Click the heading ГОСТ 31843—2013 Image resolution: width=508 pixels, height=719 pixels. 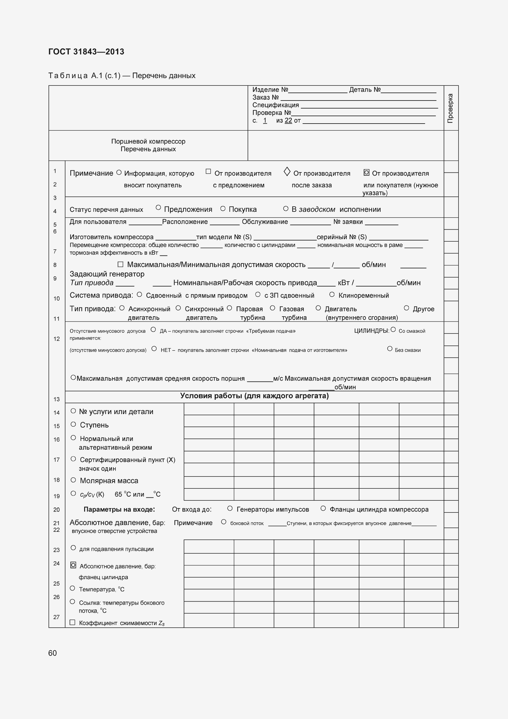point(86,52)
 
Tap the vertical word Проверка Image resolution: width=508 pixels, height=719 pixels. point(450,108)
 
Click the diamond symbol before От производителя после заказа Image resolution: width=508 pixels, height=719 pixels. point(287,172)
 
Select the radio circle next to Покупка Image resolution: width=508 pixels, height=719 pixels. point(223,208)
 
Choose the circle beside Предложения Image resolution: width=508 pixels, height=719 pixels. point(158,207)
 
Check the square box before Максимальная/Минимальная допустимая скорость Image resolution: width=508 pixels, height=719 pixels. point(120,264)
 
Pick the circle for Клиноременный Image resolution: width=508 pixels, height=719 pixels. point(332,295)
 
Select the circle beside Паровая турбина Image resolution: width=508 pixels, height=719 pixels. point(229,308)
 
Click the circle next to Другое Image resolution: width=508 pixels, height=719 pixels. point(406,308)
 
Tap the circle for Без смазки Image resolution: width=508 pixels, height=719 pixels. point(390,349)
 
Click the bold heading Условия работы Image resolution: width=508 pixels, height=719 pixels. point(254,396)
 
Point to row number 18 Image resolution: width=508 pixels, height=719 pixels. point(56,480)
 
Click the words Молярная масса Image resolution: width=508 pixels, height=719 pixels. point(109,481)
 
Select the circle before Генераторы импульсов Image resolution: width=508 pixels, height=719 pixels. point(230,508)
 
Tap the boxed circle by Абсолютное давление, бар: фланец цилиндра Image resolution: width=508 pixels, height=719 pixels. point(73,565)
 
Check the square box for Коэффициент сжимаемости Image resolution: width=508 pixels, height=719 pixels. point(72,622)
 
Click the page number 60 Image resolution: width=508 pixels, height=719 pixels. point(53,653)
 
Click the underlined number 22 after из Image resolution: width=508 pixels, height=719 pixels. point(288,120)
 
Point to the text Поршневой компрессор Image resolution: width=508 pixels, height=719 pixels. point(148,141)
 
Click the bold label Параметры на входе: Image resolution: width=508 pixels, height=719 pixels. point(119,509)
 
